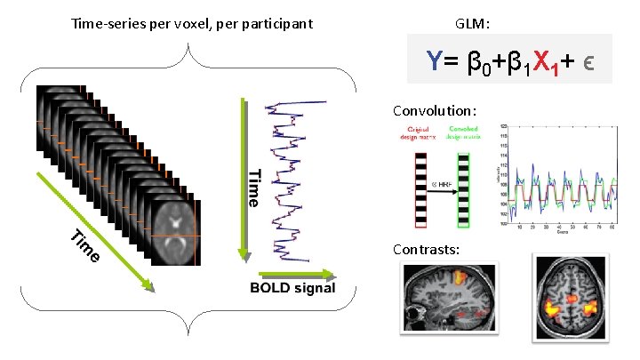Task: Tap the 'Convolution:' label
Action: [x=436, y=111]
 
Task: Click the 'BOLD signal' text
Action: [x=292, y=288]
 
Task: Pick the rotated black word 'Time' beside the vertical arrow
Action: [x=253, y=188]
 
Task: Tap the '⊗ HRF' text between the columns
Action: [x=437, y=182]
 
